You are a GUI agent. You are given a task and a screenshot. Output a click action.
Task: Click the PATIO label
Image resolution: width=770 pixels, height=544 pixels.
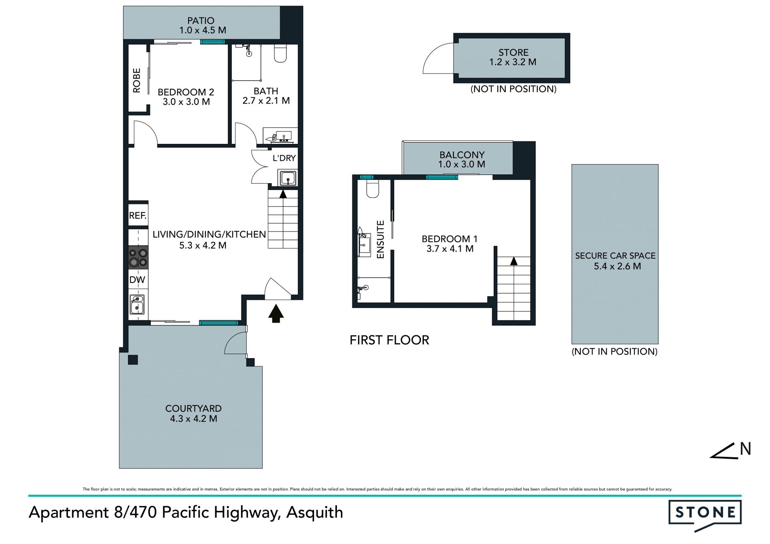[201, 20]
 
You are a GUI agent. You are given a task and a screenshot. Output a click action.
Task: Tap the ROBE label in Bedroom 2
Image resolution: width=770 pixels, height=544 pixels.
[137, 81]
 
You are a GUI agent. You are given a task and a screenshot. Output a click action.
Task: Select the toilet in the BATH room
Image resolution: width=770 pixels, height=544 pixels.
[280, 53]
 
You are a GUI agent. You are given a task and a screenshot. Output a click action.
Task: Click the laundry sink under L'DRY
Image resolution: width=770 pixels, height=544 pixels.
[288, 178]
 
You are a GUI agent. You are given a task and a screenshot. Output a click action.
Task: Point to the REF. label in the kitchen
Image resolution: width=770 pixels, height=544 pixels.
[138, 216]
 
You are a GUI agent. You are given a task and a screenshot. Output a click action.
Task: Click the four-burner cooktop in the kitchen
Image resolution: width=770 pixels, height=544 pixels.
[138, 257]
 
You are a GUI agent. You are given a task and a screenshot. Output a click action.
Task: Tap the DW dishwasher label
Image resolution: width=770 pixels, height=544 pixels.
[137, 280]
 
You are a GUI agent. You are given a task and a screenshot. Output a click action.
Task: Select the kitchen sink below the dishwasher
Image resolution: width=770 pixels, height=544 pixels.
[137, 304]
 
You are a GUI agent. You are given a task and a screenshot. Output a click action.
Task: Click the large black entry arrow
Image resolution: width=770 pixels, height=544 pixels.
[276, 313]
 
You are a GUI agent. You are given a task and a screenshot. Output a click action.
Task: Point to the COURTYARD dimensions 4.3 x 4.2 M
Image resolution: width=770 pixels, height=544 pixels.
[194, 419]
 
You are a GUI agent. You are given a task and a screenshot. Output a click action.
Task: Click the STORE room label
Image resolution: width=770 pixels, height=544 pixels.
[514, 53]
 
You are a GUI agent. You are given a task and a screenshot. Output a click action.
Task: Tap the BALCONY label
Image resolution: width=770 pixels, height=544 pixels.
[462, 155]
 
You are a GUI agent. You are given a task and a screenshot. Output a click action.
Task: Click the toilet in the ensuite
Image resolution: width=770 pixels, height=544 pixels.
[373, 188]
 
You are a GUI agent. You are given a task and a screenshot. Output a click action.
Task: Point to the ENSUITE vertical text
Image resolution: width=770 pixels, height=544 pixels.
[381, 239]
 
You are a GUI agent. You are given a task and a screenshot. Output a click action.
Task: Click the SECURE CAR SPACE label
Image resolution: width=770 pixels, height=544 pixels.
[615, 256]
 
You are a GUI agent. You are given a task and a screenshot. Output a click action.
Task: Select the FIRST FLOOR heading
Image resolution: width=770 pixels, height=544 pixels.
[389, 340]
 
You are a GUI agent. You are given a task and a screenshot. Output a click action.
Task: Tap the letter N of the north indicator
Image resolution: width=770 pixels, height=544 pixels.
[746, 449]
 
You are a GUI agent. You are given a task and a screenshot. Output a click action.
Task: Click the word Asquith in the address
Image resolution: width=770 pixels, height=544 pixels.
[315, 513]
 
